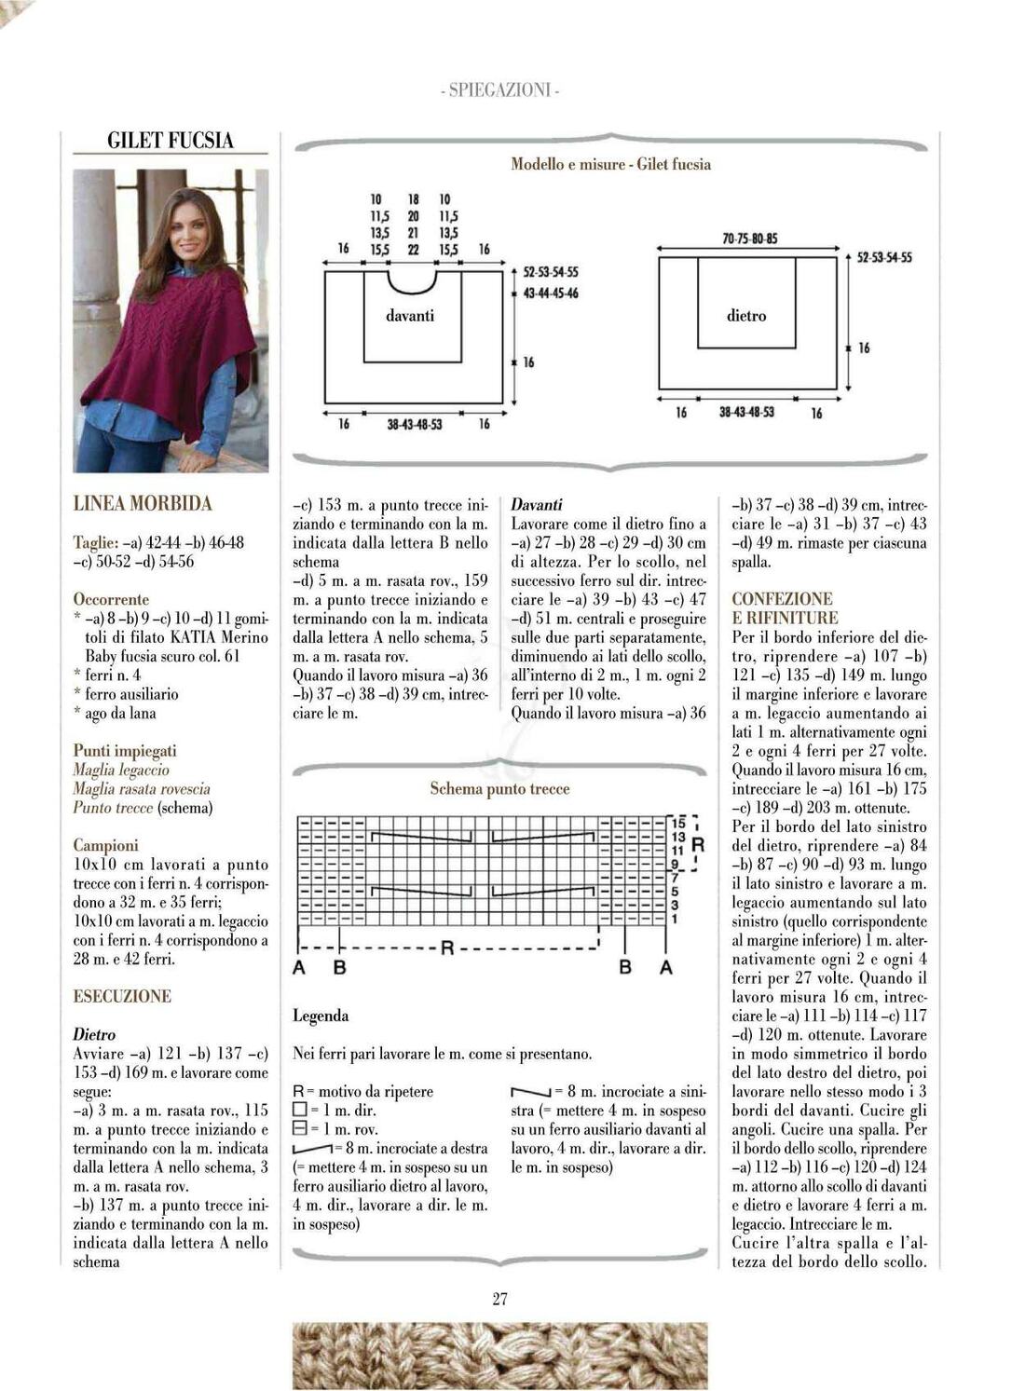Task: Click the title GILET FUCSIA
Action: pyautogui.click(x=171, y=141)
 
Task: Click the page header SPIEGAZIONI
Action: pyautogui.click(x=499, y=90)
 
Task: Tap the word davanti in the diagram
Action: pyautogui.click(x=410, y=316)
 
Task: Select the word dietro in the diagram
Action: pyautogui.click(x=746, y=316)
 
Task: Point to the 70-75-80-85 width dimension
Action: pyautogui.click(x=749, y=239)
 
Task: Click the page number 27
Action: pyautogui.click(x=499, y=1299)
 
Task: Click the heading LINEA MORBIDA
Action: pyautogui.click(x=143, y=503)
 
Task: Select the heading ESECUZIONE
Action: pyautogui.click(x=122, y=996)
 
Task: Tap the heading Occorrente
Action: pyautogui.click(x=111, y=599)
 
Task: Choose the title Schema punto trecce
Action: pyautogui.click(x=499, y=789)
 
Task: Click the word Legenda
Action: pyautogui.click(x=321, y=1016)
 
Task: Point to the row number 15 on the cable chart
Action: pyautogui.click(x=677, y=823)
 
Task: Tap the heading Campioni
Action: pyautogui.click(x=105, y=845)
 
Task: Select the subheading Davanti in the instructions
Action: pyautogui.click(x=537, y=504)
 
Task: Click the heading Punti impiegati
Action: pyautogui.click(x=125, y=750)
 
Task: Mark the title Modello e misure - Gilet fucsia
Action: pyautogui.click(x=610, y=164)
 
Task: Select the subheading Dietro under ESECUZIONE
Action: pyautogui.click(x=94, y=1034)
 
